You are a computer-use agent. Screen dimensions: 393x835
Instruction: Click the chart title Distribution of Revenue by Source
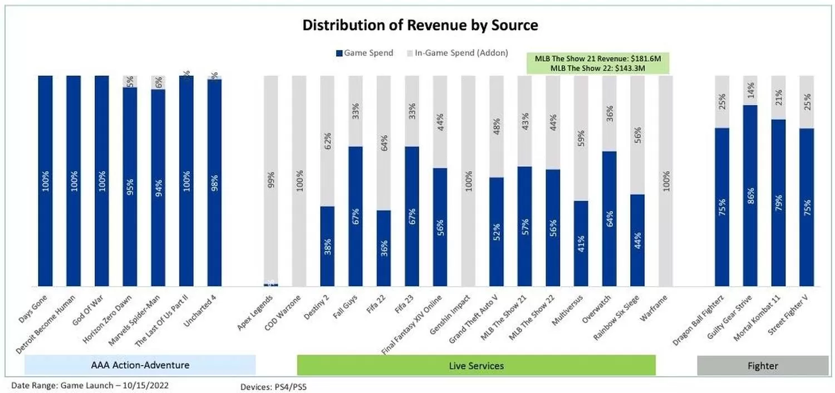420,25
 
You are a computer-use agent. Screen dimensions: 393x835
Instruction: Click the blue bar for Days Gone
45,180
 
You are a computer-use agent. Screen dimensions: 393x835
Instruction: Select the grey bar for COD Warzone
299,180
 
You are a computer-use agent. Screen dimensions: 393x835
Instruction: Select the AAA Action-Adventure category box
140,365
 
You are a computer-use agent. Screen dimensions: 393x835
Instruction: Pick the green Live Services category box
476,366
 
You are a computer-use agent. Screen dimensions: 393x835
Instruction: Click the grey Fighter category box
763,366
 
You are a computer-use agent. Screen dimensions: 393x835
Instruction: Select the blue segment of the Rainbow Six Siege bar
637,240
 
